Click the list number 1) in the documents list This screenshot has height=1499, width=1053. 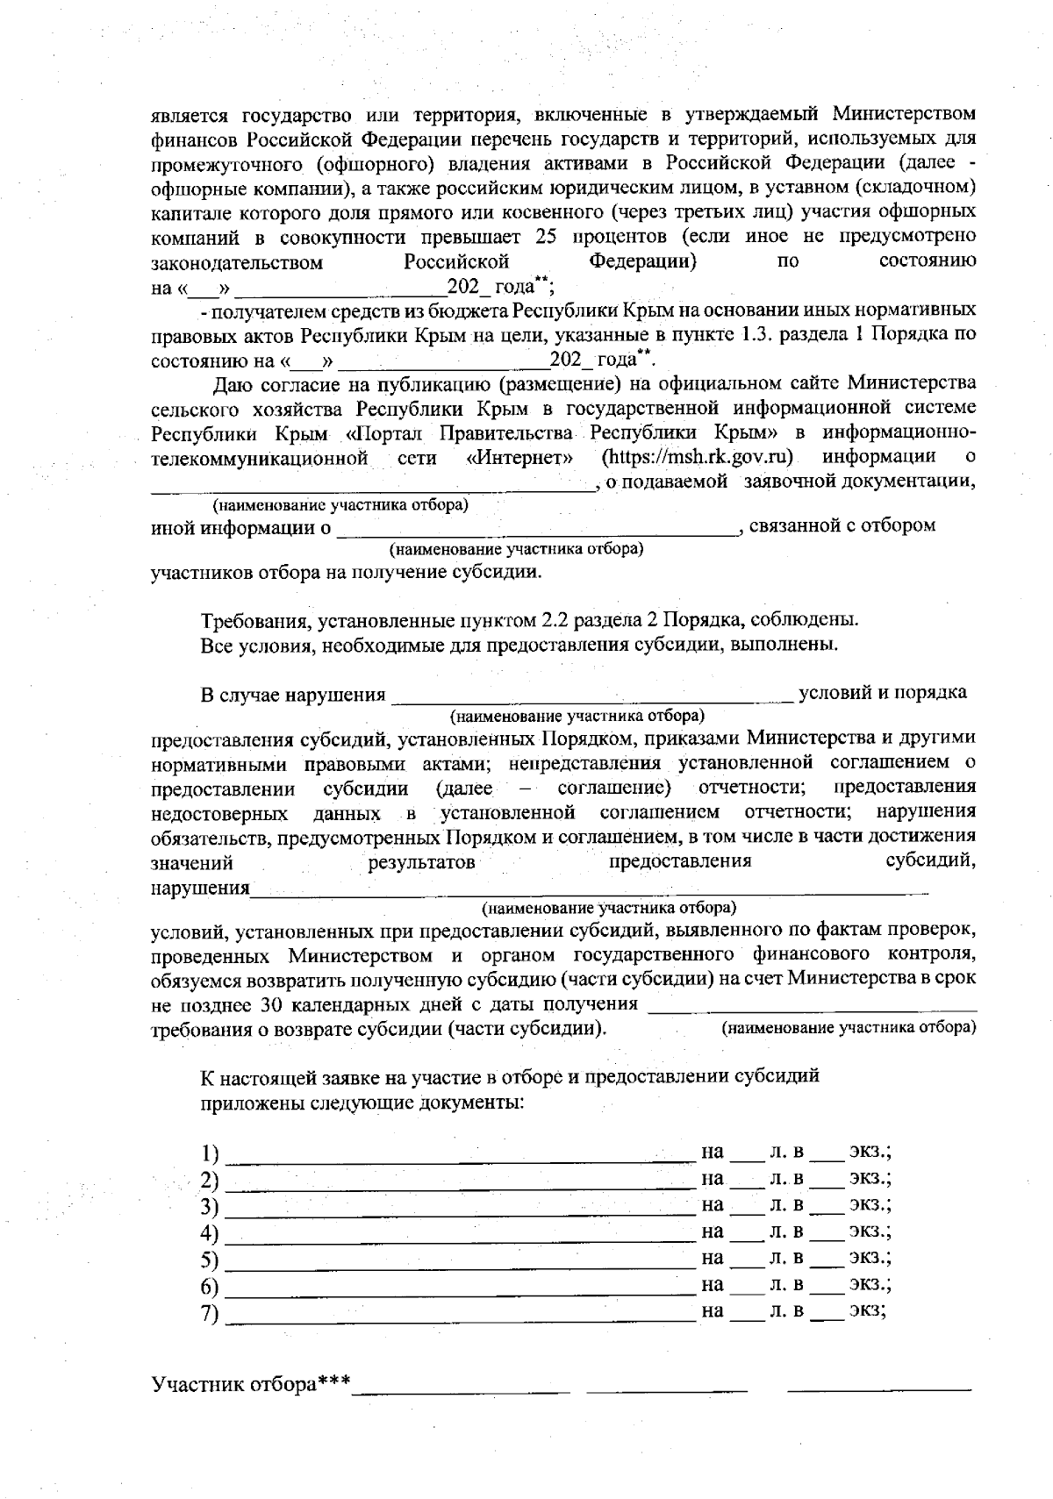coord(210,1153)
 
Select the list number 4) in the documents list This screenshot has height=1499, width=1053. coord(210,1233)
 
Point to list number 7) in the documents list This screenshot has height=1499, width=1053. coord(210,1313)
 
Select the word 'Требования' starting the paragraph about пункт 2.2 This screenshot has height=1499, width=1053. coord(252,620)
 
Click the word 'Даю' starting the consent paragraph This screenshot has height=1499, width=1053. coord(233,383)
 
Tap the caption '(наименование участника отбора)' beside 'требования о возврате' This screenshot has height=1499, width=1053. coord(849,1027)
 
